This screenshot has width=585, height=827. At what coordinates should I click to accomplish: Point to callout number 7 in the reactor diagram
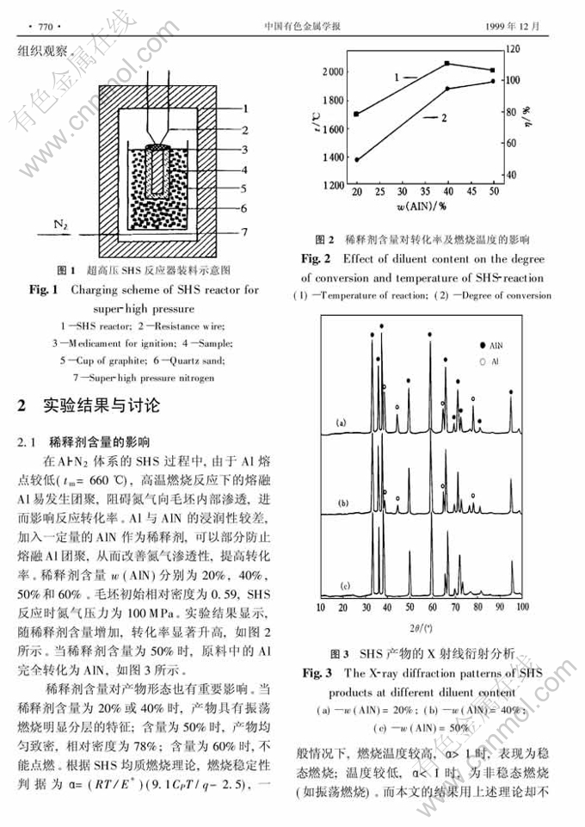(x=244, y=232)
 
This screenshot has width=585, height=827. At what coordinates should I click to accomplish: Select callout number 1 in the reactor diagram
(x=244, y=108)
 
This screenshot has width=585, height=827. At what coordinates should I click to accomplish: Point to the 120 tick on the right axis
(x=514, y=48)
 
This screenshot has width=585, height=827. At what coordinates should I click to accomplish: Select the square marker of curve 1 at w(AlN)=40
(x=447, y=64)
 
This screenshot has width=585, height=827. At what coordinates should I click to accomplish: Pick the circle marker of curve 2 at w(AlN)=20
(x=356, y=160)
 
